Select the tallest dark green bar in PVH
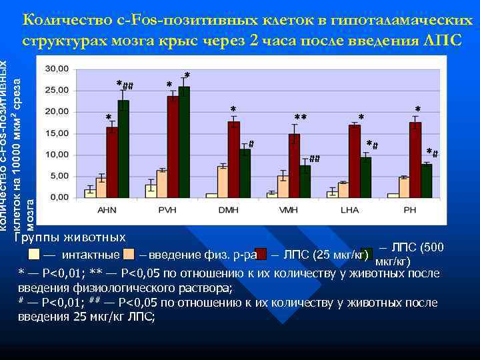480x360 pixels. coord(184,142)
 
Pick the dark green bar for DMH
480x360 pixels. coord(245,173)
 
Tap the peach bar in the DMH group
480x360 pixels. coord(223,181)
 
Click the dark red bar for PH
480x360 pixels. coord(415,159)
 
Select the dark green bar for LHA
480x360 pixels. coord(365,177)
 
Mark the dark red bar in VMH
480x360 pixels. coord(294,165)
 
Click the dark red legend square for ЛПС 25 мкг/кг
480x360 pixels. coord(261,254)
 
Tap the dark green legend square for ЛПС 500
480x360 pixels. coord(367,253)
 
